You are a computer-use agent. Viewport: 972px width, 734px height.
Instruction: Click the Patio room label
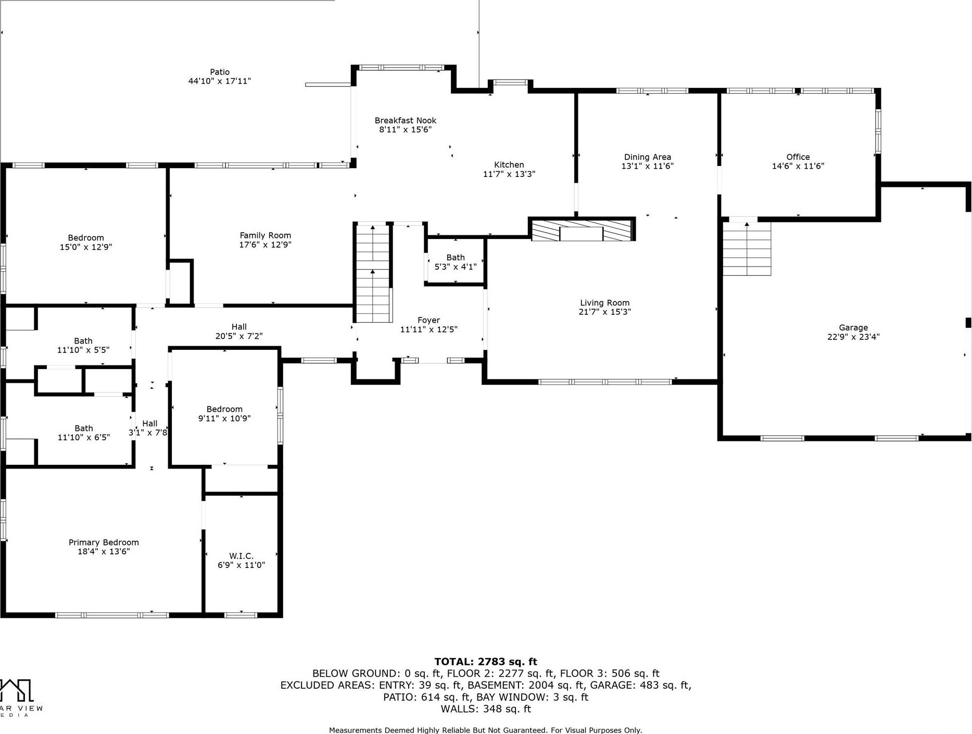[219, 72]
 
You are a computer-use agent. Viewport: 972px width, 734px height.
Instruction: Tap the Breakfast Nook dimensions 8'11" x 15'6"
[405, 130]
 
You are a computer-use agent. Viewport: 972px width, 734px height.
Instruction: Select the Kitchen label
[509, 165]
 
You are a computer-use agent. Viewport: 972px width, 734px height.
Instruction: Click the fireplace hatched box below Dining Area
[582, 230]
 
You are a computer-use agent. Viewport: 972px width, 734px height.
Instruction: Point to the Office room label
[798, 157]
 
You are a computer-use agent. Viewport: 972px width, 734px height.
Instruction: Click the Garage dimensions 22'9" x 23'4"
[853, 337]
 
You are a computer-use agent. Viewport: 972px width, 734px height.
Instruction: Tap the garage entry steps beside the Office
[747, 248]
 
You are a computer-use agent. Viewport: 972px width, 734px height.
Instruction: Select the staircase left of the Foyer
[373, 273]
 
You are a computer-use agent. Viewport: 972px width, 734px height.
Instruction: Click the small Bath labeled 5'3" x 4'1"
[455, 262]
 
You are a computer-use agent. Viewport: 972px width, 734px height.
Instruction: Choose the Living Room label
[604, 303]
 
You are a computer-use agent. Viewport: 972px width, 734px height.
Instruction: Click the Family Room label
[265, 236]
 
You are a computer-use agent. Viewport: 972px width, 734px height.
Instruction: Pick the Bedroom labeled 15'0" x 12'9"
[86, 243]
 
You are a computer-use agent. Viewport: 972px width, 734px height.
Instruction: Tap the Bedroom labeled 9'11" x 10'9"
[224, 414]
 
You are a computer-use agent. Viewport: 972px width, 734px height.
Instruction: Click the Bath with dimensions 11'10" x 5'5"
[83, 346]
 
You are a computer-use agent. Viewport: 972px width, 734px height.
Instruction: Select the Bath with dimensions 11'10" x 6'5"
[83, 433]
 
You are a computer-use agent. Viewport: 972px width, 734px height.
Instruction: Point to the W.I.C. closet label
[241, 556]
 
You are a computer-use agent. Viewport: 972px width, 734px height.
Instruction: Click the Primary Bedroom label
[104, 542]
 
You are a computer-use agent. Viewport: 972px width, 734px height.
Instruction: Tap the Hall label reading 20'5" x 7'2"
[239, 332]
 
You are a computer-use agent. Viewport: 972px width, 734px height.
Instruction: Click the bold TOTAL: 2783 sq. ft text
[485, 662]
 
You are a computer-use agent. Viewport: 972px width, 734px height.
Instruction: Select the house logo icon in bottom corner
[17, 691]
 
